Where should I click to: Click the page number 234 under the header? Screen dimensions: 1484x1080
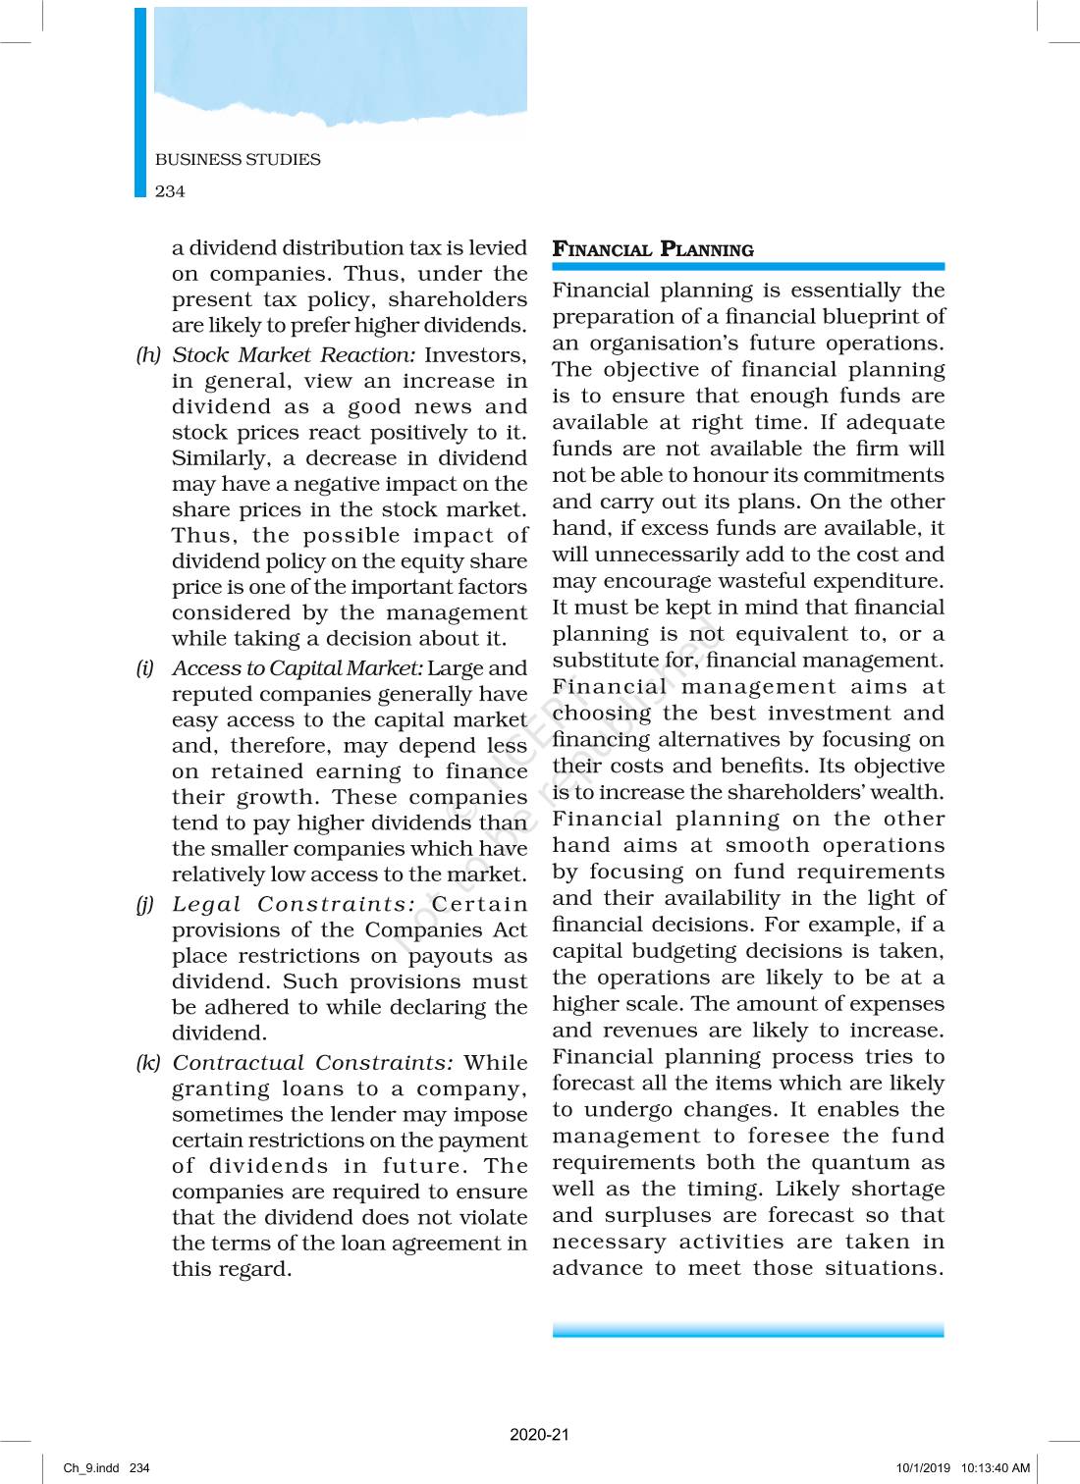(170, 191)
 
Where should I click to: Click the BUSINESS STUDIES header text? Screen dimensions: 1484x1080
(238, 159)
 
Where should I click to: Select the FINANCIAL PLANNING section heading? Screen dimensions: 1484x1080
(653, 249)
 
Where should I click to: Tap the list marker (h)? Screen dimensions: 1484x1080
(148, 355)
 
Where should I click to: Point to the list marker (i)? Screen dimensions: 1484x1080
(145, 668)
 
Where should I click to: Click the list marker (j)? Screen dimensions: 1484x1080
(145, 905)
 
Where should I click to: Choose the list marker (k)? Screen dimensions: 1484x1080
(148, 1063)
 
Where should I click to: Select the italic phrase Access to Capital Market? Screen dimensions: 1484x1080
(297, 668)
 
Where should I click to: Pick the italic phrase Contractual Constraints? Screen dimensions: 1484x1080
(312, 1063)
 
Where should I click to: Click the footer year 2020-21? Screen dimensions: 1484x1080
(539, 1434)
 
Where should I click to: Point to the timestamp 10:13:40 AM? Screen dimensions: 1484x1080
(996, 1468)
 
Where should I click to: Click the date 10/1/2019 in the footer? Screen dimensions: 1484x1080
(923, 1468)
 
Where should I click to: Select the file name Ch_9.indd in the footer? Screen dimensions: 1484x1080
(91, 1468)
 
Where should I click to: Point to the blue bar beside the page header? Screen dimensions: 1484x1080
(140, 103)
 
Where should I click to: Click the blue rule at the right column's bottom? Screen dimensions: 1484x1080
(748, 1330)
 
